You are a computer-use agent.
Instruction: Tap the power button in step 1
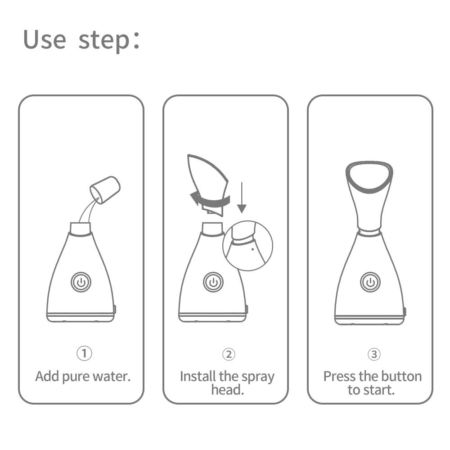(81, 282)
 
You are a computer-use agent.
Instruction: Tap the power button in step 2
(212, 282)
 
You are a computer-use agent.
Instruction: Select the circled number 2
(229, 354)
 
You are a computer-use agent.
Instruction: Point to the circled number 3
(373, 354)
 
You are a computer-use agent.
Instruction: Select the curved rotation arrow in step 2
(209, 198)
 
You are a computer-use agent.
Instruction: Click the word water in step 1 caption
(111, 376)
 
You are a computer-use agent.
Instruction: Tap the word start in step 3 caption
(382, 390)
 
